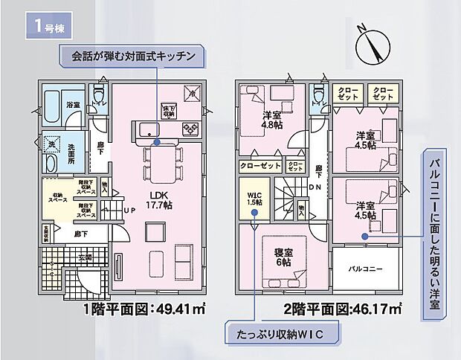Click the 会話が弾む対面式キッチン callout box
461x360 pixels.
(x=134, y=56)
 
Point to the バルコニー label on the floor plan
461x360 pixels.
(x=365, y=269)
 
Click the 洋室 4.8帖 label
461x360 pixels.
(x=272, y=120)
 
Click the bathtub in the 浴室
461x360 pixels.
(x=54, y=102)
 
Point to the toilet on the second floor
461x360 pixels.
(x=320, y=95)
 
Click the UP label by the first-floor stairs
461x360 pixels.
(x=128, y=210)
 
